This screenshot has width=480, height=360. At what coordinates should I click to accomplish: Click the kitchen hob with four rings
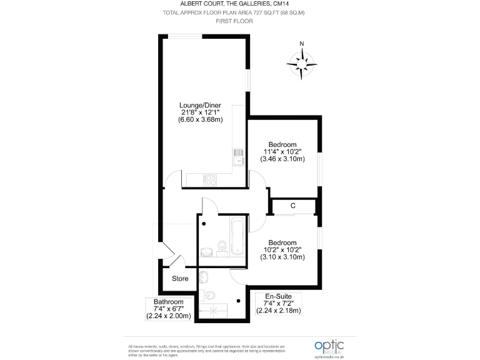pos(209,179)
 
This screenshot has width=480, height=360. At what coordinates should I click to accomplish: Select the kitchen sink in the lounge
pos(238,157)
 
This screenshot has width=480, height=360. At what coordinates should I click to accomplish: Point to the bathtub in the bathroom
pos(237,237)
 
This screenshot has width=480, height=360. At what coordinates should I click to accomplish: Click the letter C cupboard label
pos(292,206)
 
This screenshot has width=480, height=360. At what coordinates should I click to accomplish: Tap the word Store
pos(180,279)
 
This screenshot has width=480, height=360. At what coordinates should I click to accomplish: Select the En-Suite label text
pos(278,296)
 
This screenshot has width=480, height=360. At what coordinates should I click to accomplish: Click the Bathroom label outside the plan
pos(169,302)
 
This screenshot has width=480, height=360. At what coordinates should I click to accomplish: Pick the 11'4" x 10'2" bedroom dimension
pos(282,152)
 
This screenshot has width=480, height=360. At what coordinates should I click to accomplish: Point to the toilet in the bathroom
pos(222,245)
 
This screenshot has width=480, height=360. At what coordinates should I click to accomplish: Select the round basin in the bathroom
pos(206,252)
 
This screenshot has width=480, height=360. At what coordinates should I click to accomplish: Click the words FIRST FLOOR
pos(234,21)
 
